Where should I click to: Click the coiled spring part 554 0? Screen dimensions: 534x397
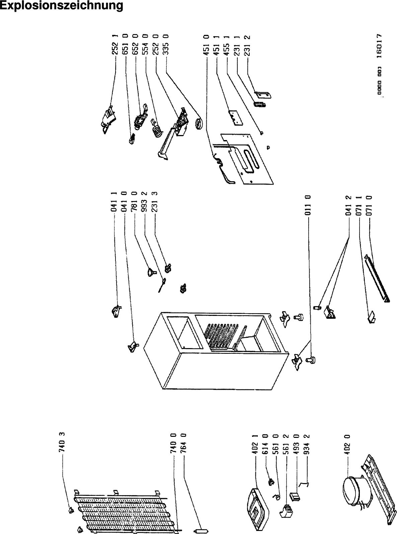coord(156,129)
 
